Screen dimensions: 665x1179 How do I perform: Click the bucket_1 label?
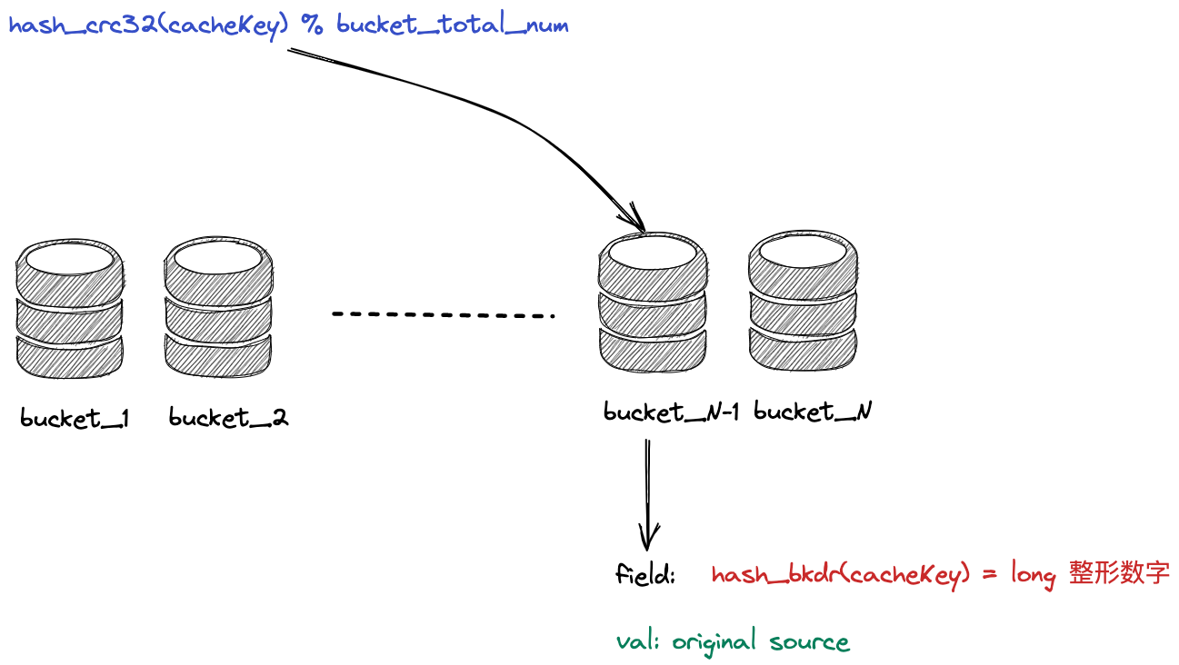[x=75, y=419]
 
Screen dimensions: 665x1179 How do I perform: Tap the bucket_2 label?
[x=228, y=419]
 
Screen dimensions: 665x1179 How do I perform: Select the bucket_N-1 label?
[x=671, y=412]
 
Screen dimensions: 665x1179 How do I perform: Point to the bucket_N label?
[x=813, y=412]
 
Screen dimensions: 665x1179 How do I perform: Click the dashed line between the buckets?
[x=443, y=314]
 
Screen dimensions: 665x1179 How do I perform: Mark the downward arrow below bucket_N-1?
[x=647, y=495]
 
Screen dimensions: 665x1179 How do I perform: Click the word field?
[x=645, y=575]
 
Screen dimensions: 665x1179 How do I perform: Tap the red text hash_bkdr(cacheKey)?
[x=834, y=576]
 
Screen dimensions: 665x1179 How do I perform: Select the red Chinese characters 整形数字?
[x=1119, y=574]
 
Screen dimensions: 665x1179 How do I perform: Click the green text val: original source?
[x=733, y=642]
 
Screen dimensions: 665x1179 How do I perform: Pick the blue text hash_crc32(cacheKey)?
[x=148, y=25]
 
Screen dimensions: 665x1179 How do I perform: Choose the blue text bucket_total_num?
[x=452, y=25]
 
